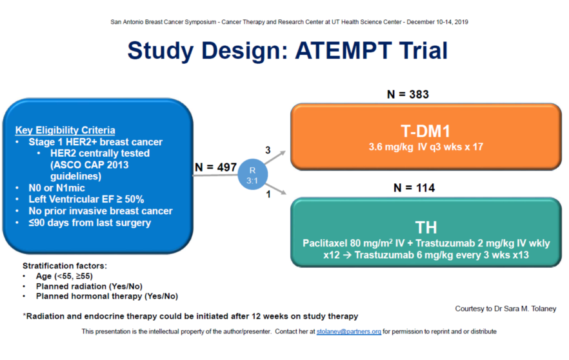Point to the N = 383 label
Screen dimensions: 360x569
coord(408,94)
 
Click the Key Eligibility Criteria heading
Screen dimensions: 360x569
coord(65,130)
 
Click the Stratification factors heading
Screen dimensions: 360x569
coord(65,265)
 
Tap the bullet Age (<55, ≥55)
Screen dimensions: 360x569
coord(64,276)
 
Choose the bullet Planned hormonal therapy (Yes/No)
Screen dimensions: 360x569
coord(106,296)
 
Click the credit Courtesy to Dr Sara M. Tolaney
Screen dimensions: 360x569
coord(505,309)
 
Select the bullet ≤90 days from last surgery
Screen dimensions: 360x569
coord(90,223)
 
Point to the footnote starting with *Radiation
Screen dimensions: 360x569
coord(190,316)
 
